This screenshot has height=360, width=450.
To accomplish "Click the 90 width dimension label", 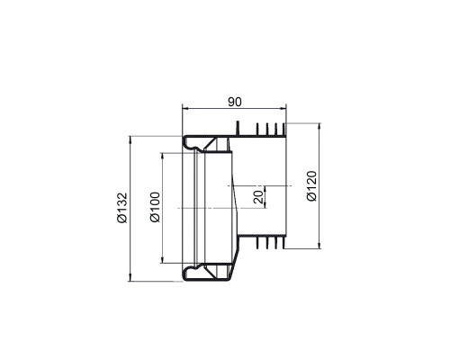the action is [x=234, y=102].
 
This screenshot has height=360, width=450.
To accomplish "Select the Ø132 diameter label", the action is [x=122, y=208].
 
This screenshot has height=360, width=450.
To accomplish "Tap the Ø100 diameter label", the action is [x=156, y=207].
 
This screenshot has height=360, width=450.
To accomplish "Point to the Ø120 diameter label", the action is [x=311, y=186].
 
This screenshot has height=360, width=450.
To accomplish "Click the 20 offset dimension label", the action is [x=258, y=197].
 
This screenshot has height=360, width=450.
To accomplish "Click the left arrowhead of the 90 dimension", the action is [x=186, y=109].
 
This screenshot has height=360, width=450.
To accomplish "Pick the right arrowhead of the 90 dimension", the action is [x=283, y=109].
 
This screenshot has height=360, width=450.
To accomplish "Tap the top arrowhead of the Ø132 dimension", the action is [x=130, y=139].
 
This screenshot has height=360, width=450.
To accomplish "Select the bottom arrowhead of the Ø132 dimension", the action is [x=130, y=278].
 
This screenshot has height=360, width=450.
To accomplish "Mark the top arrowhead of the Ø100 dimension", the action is [x=162, y=157].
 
